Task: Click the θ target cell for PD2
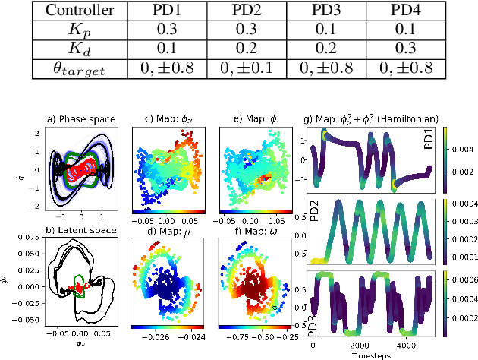click(x=244, y=71)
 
